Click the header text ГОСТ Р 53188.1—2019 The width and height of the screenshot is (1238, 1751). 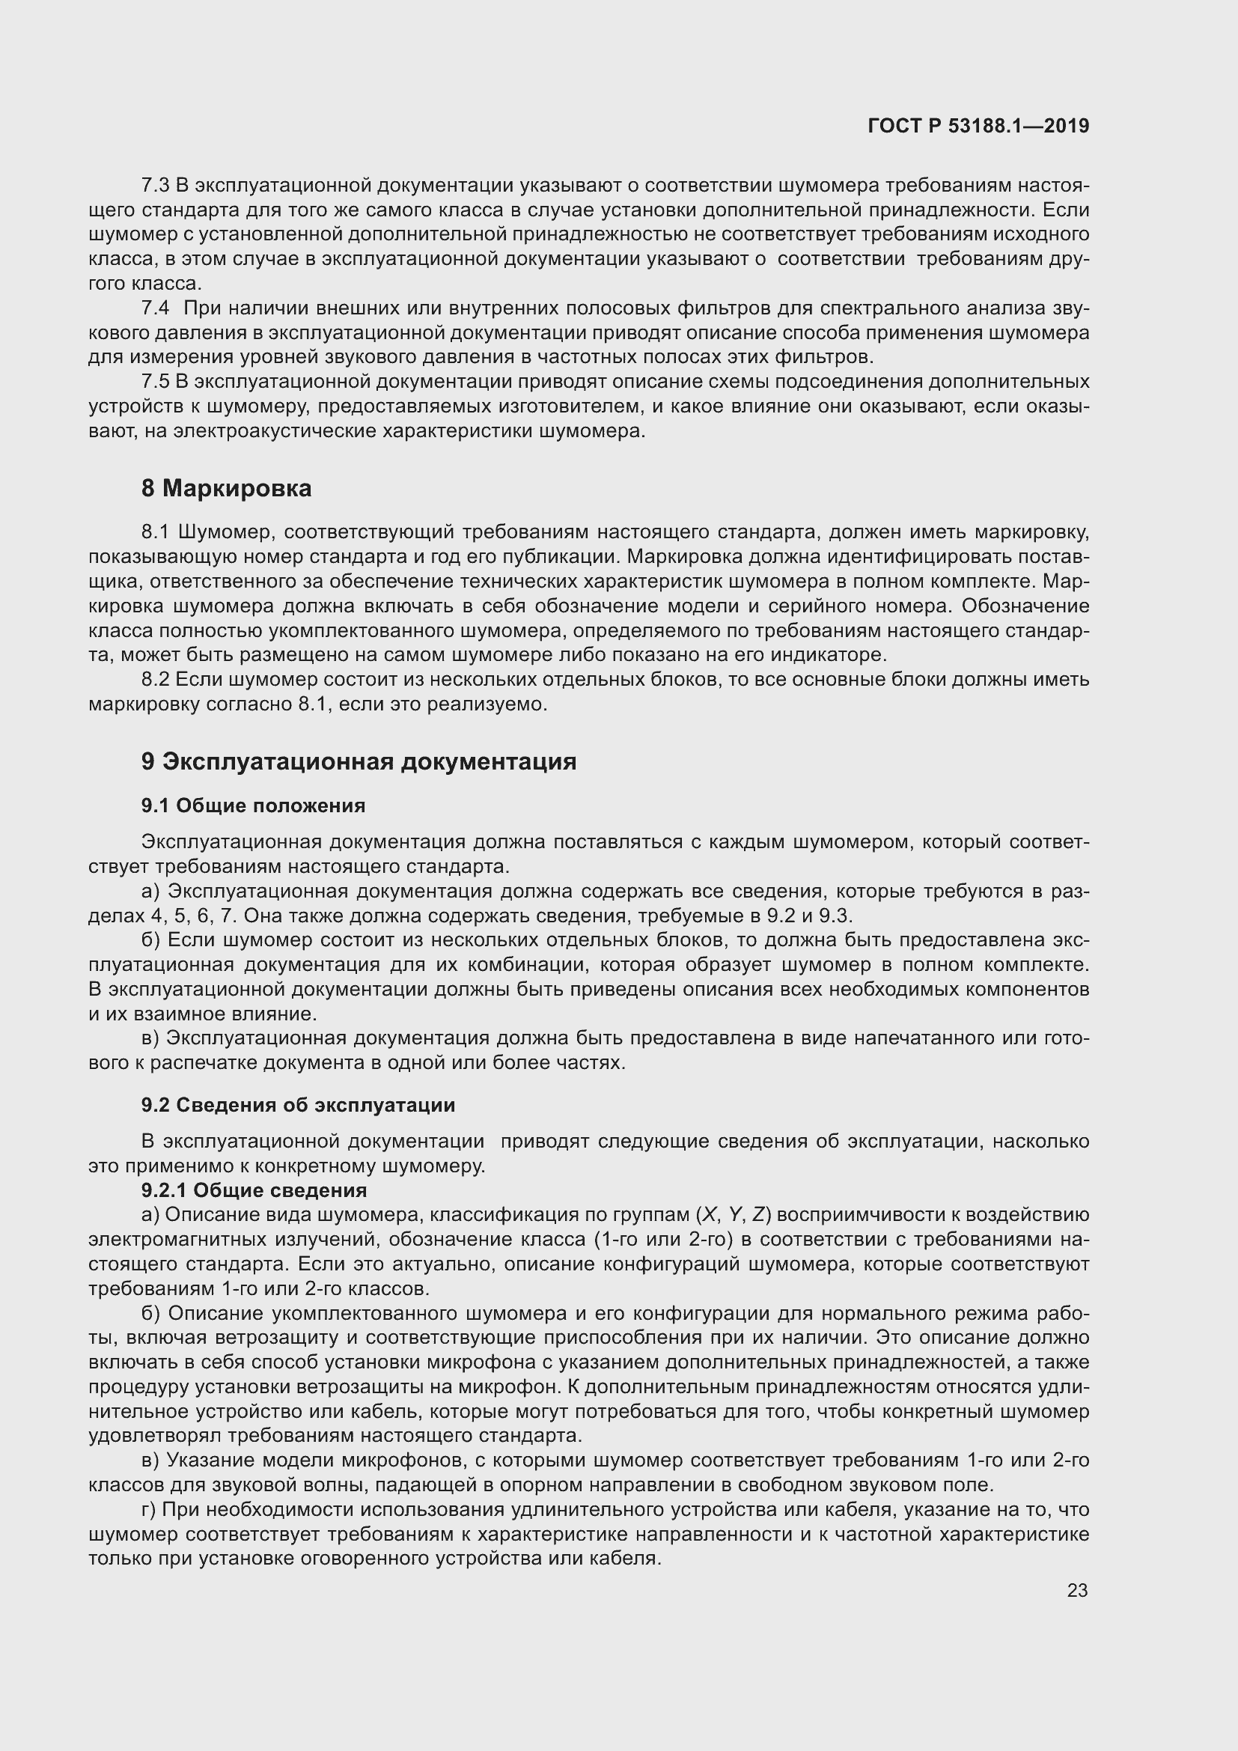click(x=978, y=127)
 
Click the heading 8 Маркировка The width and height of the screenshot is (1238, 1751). click(x=226, y=488)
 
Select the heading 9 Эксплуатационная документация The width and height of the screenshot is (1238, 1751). click(x=359, y=761)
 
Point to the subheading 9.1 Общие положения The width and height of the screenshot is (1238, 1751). click(x=253, y=806)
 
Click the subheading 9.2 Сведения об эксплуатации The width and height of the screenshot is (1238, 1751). click(x=298, y=1105)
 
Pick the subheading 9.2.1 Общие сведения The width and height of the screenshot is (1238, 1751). click(x=254, y=1190)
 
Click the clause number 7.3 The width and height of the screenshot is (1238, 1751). click(x=156, y=186)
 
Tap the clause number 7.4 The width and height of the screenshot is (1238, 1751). click(x=156, y=308)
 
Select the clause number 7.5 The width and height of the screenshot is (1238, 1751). click(x=156, y=381)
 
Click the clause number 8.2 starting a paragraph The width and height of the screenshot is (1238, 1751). click(x=156, y=680)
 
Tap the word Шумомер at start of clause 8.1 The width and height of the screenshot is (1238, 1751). click(x=221, y=532)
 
